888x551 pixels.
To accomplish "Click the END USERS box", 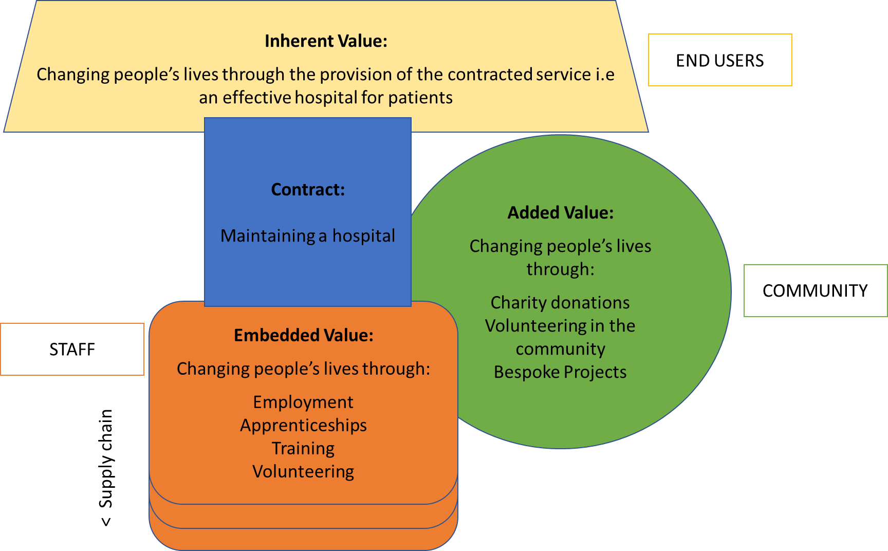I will point(719,60).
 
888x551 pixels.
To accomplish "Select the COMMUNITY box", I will point(815,290).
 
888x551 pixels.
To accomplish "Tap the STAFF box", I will point(72,350).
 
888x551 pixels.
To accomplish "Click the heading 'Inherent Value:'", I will point(326,41).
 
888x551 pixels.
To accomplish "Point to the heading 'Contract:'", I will point(308,190).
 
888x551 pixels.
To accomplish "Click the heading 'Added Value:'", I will point(561,213).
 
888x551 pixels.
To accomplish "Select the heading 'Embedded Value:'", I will point(303,335).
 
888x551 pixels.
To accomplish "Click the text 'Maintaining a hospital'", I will point(308,235).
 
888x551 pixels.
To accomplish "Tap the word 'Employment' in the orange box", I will point(303,402).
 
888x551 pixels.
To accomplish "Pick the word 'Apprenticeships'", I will point(303,425).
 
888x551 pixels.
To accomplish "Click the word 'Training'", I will point(303,448).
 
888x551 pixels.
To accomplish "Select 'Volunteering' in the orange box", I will point(303,471).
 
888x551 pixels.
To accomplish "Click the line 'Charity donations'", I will point(560,303).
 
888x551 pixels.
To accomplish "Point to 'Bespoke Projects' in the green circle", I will point(560,372).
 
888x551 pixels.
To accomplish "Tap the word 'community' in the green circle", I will point(561,349).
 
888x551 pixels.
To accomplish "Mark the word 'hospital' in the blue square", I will point(364,235).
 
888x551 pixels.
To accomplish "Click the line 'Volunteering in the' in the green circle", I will point(560,326).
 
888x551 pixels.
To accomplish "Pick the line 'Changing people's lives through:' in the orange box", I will point(303,369).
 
